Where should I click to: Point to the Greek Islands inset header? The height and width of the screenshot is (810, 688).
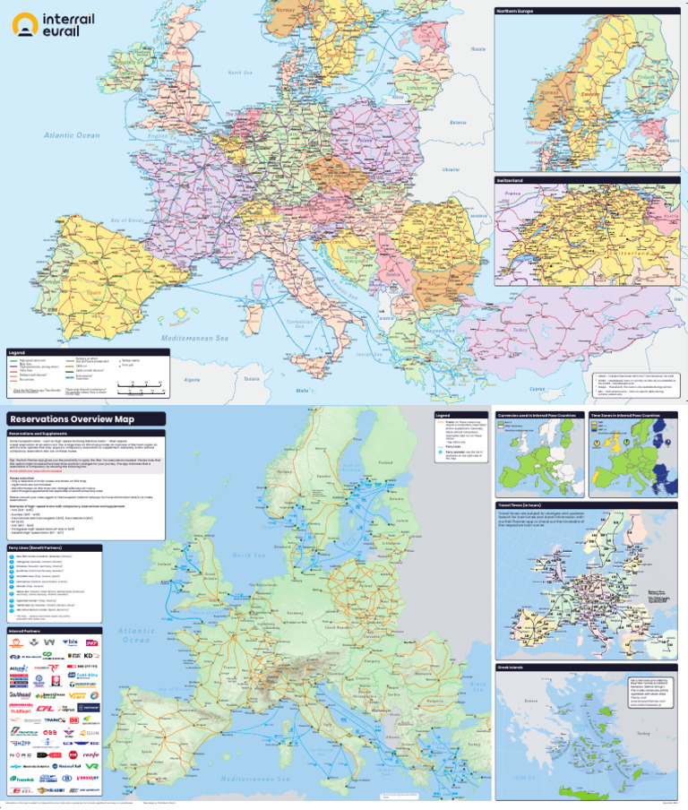point(513,669)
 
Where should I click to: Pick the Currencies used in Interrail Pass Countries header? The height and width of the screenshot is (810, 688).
point(536,416)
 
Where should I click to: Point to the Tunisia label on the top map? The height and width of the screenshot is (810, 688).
point(253,379)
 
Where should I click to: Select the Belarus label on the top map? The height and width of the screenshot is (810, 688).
point(458,123)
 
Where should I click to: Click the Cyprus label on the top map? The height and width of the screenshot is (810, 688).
point(537,389)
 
